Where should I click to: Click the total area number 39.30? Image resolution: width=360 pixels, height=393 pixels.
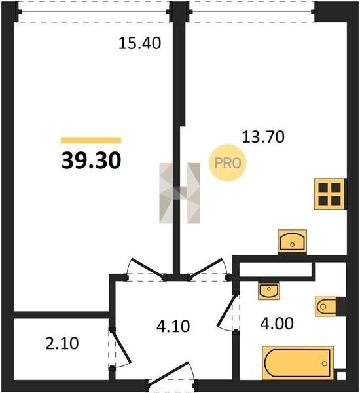pyautogui.click(x=92, y=160)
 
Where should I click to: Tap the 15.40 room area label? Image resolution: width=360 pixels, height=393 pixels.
pyautogui.click(x=139, y=43)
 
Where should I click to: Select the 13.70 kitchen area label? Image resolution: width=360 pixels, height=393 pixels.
pyautogui.click(x=263, y=137)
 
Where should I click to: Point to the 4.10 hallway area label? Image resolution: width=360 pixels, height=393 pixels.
pyautogui.click(x=173, y=326)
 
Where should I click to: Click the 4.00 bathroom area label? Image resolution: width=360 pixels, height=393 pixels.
pyautogui.click(x=277, y=324)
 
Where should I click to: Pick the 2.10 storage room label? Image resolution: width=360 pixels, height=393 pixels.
pyautogui.click(x=62, y=343)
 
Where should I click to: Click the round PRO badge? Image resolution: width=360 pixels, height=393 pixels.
pyautogui.click(x=228, y=163)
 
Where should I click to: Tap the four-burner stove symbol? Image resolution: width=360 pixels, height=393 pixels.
pyautogui.click(x=330, y=194)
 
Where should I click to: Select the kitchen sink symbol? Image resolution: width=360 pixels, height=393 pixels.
pyautogui.click(x=293, y=241)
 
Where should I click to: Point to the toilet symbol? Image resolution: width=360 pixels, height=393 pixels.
pyautogui.click(x=326, y=307)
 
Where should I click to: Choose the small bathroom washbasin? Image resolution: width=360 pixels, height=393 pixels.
pyautogui.click(x=269, y=291)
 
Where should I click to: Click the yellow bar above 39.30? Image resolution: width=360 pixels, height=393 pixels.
pyautogui.click(x=91, y=140)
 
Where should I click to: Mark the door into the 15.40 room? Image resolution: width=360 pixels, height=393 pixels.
pyautogui.click(x=148, y=268)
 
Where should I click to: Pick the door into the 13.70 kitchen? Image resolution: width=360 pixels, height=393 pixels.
pyautogui.click(x=206, y=268)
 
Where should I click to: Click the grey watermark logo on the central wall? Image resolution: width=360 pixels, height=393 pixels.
pyautogui.click(x=180, y=193)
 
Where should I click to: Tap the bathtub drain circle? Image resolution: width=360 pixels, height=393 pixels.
pyautogui.click(x=325, y=363)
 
